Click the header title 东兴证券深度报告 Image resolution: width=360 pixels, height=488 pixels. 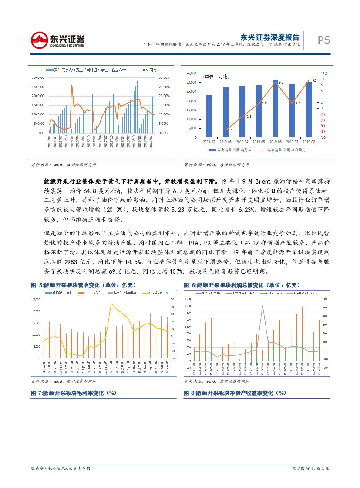pos(269,37)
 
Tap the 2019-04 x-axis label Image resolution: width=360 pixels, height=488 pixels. pos(242,142)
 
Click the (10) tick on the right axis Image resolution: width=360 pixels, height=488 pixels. pos(323,137)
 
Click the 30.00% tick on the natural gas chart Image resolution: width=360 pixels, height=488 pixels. pos(164,77)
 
